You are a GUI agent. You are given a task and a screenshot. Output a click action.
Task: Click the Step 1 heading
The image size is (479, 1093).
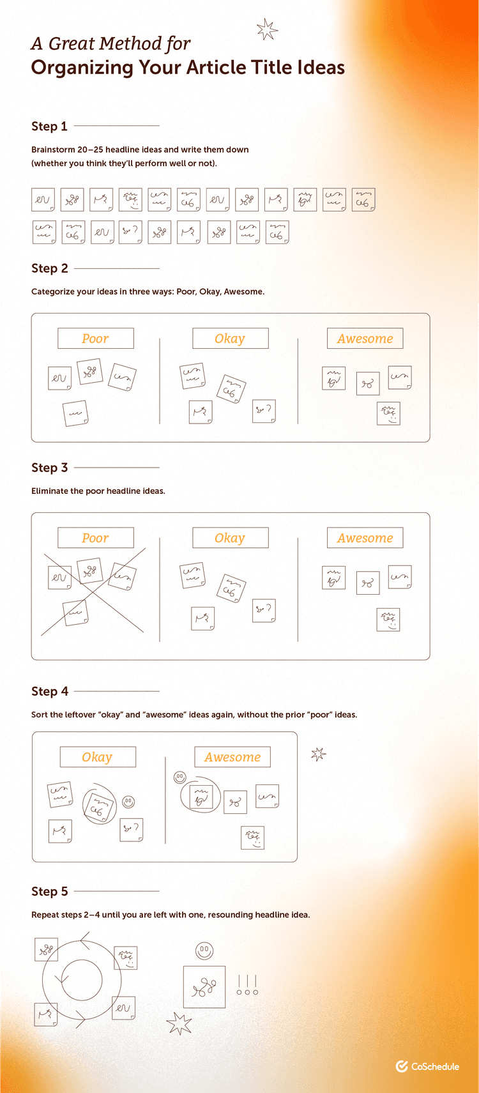click(x=49, y=126)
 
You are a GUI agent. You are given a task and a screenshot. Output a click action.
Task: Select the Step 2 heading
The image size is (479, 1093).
click(x=49, y=268)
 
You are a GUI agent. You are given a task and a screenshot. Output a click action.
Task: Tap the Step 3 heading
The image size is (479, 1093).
click(x=49, y=468)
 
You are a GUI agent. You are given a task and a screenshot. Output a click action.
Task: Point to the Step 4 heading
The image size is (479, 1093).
click(x=49, y=691)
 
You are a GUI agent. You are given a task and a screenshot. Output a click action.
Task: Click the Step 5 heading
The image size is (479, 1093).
click(x=49, y=891)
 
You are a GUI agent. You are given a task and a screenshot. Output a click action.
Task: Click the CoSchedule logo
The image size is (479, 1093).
click(x=427, y=1066)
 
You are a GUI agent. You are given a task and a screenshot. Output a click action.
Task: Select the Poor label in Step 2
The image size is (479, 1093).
click(x=95, y=339)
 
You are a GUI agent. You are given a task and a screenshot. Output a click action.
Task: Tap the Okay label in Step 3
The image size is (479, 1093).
click(x=230, y=538)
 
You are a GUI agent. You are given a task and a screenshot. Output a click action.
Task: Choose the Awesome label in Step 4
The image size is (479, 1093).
click(x=232, y=757)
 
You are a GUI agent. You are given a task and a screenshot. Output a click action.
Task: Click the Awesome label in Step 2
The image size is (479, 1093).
click(x=365, y=339)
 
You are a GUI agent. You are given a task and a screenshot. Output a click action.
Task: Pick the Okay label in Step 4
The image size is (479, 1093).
click(x=97, y=757)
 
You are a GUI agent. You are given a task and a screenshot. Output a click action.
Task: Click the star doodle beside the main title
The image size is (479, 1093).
click(x=267, y=29)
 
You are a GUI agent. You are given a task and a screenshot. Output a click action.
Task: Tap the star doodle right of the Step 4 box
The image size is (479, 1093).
click(x=319, y=754)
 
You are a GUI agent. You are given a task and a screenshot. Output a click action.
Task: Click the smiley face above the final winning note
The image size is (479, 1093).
click(x=204, y=950)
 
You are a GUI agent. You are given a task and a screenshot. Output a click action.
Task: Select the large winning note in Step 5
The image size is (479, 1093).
click(x=204, y=987)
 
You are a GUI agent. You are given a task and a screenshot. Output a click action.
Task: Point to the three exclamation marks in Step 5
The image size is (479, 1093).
click(x=247, y=984)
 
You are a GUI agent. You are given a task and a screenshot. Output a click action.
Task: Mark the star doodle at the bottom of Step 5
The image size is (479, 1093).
click(x=179, y=1023)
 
